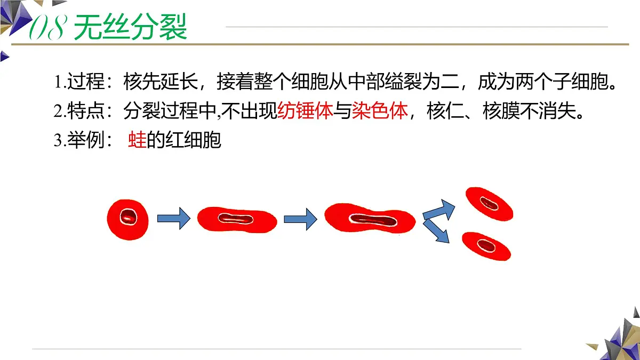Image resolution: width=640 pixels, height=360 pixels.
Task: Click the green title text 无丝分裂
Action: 130,27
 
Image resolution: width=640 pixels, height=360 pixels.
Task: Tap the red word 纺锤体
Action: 305,110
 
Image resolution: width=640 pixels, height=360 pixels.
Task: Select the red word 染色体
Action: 380,110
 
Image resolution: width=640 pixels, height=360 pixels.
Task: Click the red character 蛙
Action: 137,140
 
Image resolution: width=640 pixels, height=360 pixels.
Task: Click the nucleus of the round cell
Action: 129,217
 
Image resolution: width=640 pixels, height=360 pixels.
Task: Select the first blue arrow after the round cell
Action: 174,219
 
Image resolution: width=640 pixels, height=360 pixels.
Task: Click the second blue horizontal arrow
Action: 300,219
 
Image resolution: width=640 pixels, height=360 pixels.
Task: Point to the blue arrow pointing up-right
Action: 439,211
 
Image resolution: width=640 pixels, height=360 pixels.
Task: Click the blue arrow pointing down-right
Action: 436,231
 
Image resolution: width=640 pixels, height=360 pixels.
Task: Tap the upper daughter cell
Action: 489,204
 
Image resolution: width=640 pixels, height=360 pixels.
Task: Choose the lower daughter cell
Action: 486,246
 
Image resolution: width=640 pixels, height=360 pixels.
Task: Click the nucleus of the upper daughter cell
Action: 489,203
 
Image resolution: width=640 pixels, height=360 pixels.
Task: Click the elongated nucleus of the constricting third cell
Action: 373,220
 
